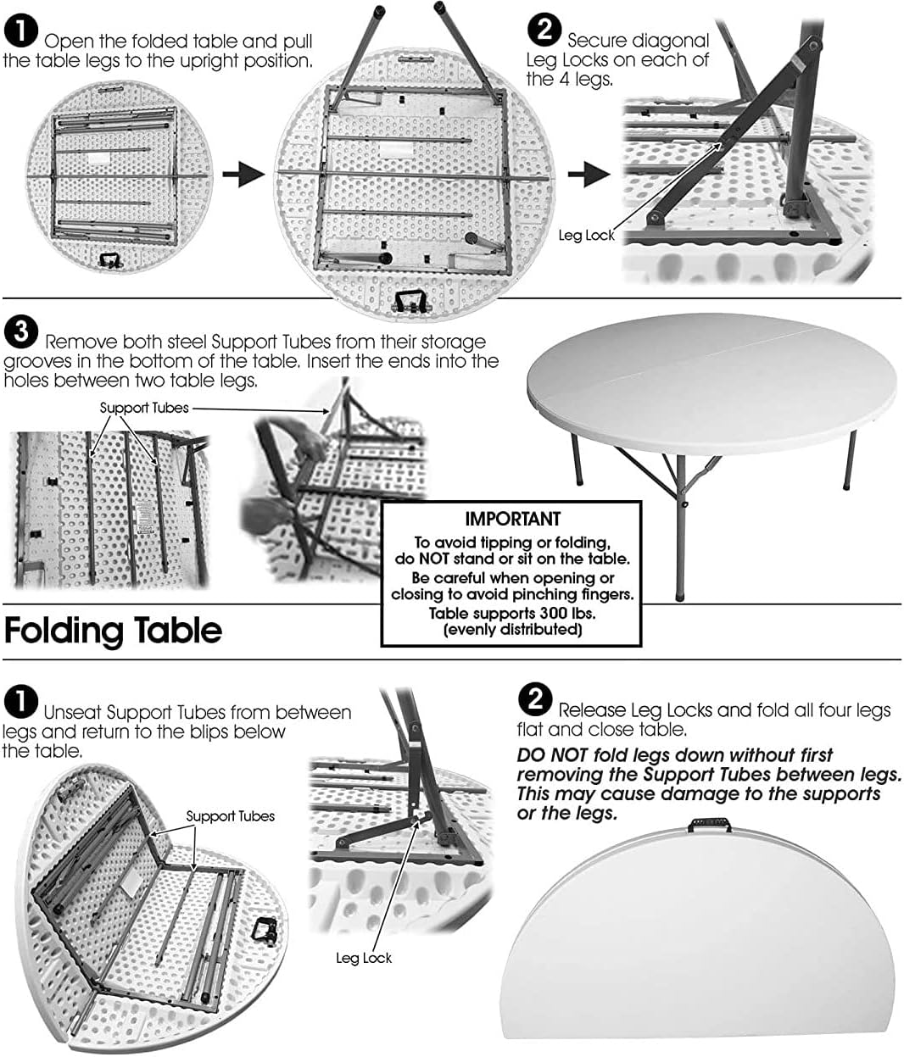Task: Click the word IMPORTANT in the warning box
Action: [x=512, y=518]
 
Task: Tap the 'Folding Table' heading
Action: [x=113, y=631]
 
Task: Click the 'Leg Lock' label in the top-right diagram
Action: [x=586, y=236]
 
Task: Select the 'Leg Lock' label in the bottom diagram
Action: [x=364, y=958]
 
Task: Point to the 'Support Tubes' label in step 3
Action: [x=144, y=408]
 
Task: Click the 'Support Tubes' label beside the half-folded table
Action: [x=231, y=816]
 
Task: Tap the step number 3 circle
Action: [x=20, y=331]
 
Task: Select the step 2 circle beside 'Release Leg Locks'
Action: [x=534, y=699]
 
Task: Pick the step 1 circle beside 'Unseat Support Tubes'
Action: [x=20, y=703]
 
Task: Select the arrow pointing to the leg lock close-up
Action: [x=589, y=175]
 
